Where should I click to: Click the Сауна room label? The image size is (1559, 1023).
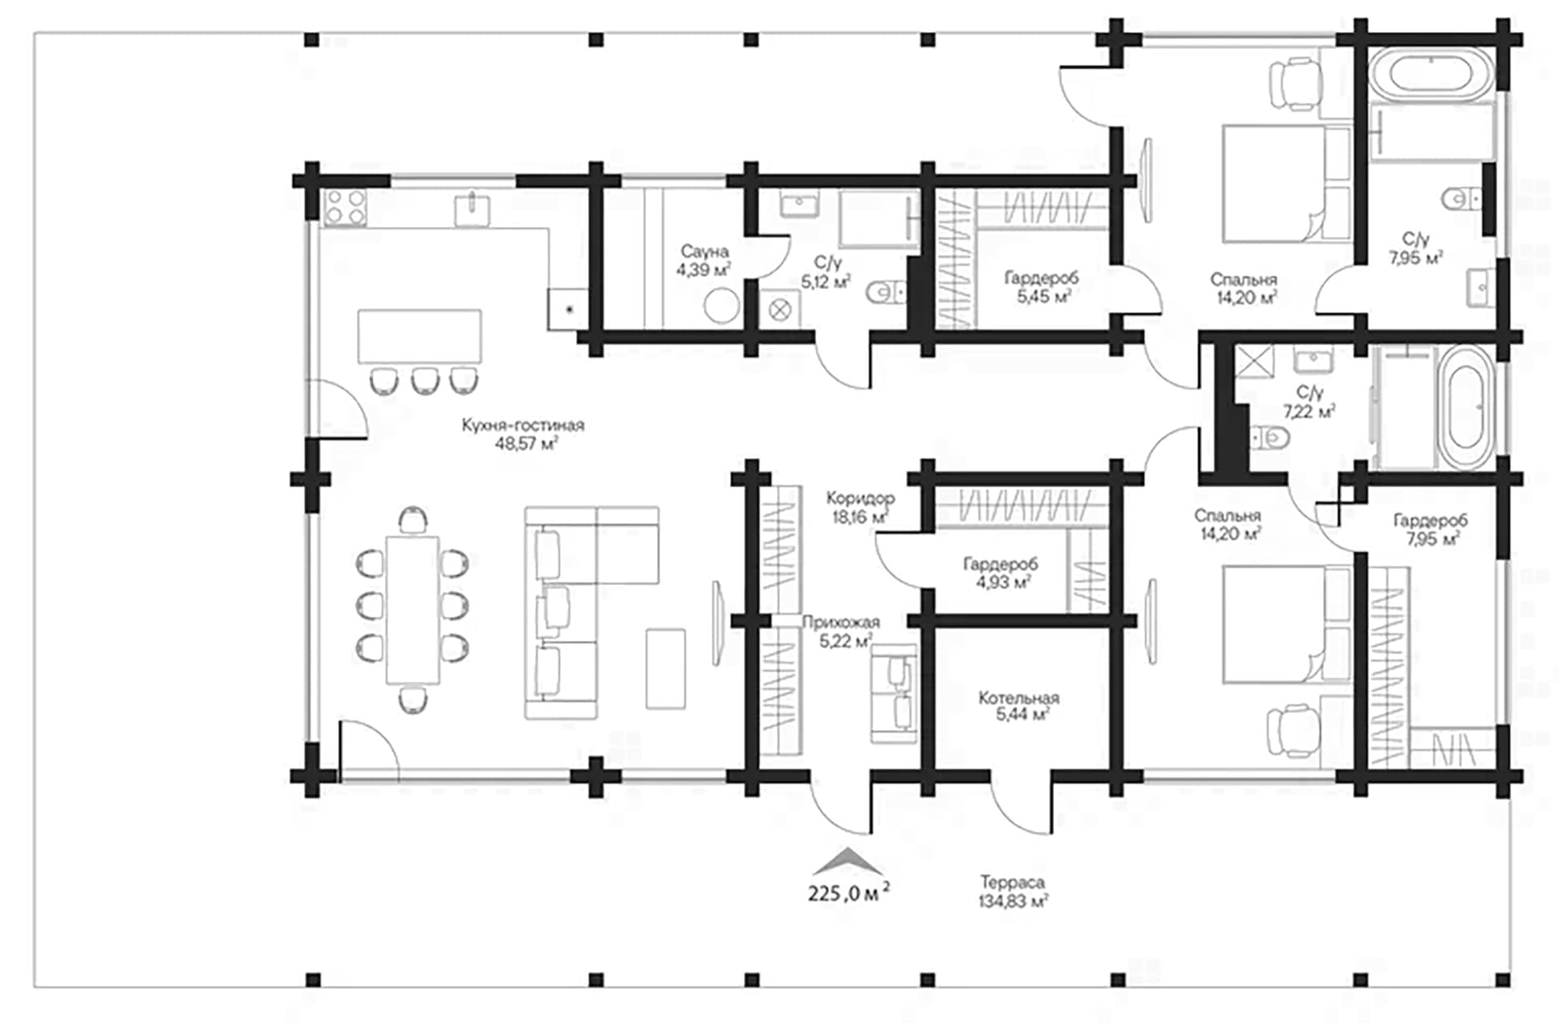click(x=704, y=252)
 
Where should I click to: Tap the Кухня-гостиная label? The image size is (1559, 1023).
click(x=523, y=425)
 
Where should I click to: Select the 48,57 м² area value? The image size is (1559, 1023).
click(x=526, y=444)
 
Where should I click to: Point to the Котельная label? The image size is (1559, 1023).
click(x=1018, y=697)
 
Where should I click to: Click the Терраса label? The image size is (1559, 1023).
click(x=1012, y=882)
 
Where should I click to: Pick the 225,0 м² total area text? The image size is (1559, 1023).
click(x=849, y=893)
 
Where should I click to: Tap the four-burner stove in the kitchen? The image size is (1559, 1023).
click(x=345, y=207)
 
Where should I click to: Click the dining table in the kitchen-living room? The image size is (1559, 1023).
click(x=412, y=609)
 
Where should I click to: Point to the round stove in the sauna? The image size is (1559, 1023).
click(x=721, y=307)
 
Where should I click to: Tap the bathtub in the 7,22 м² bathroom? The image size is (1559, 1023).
click(x=1467, y=408)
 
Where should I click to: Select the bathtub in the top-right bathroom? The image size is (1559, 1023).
click(x=1431, y=74)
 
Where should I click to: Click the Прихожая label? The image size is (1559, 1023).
click(x=840, y=623)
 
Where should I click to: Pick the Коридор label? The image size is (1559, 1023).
click(x=860, y=498)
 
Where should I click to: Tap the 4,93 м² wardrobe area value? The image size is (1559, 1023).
click(x=1004, y=582)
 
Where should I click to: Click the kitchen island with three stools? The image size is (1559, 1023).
click(x=420, y=336)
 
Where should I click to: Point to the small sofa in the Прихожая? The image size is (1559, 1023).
click(x=893, y=694)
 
